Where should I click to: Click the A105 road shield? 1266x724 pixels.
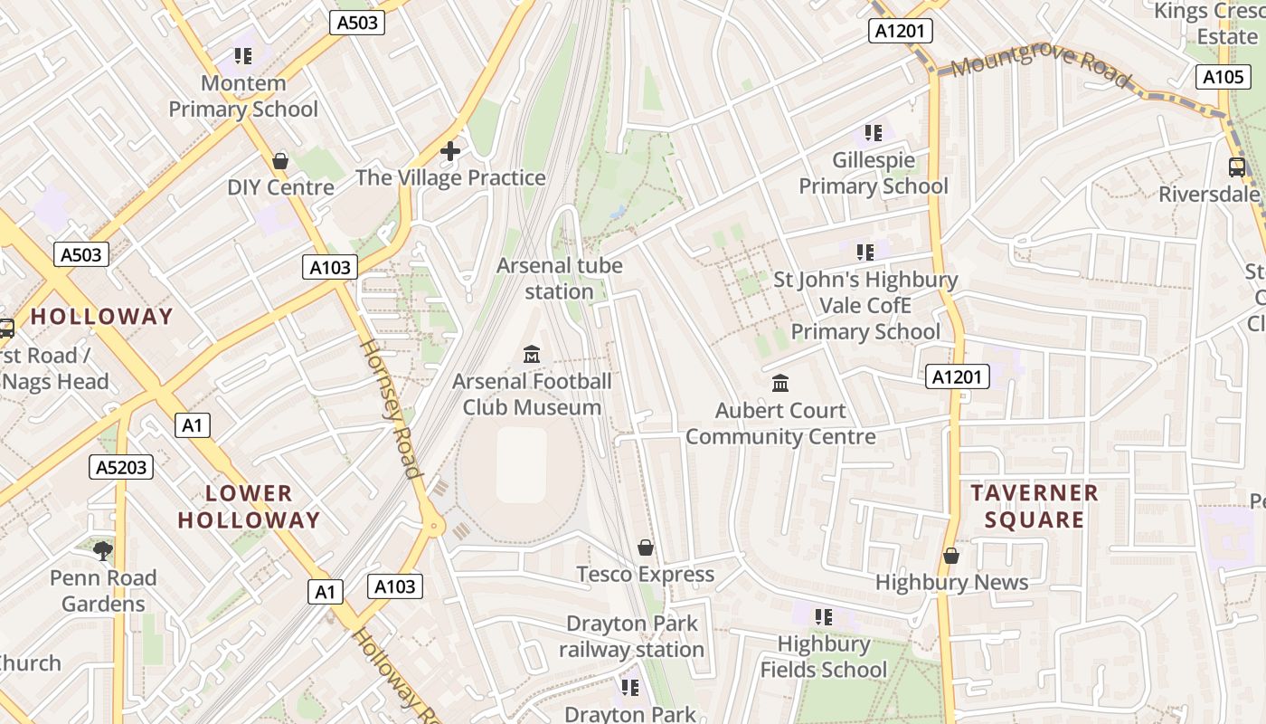pos(1223,77)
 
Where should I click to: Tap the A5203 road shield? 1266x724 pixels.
pos(121,467)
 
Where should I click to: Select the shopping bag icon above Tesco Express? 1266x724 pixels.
pos(646,548)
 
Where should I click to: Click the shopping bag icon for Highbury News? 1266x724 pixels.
pos(950,555)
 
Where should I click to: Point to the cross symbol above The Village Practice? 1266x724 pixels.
pos(449,151)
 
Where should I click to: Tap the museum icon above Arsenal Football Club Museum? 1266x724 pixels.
pos(532,354)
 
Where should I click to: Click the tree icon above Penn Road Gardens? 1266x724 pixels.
pos(103,550)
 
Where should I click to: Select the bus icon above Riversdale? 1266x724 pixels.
pos(1236,167)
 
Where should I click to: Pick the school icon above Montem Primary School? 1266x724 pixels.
pos(242,56)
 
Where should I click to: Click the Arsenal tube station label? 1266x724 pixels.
pos(559,279)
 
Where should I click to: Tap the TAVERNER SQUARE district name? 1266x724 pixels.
pos(1034,506)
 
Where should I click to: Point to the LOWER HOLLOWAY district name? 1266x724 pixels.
pos(249,507)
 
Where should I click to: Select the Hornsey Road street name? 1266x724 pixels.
pos(392,407)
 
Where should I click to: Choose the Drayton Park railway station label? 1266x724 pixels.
pos(631,636)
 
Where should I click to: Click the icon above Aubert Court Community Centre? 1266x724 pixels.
pos(780,383)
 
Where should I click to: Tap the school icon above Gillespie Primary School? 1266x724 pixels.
pos(873,133)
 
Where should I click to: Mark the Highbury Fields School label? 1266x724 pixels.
pos(823,657)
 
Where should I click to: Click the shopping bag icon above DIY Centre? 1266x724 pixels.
pos(280,161)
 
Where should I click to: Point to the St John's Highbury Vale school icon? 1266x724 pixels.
pos(864,252)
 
